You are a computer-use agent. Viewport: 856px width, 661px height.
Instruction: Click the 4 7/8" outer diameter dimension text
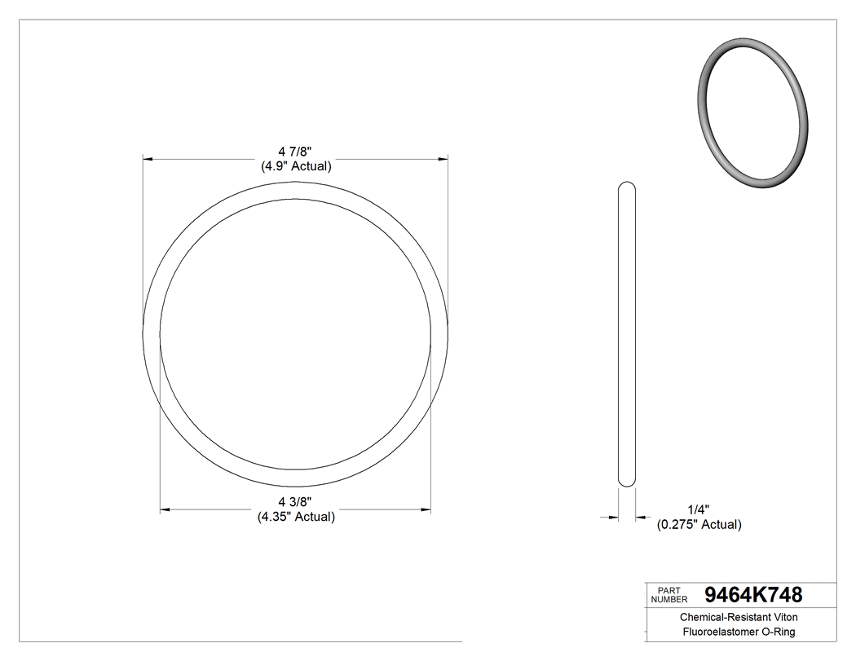(296, 152)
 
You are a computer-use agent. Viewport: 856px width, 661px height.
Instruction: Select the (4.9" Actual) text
(296, 166)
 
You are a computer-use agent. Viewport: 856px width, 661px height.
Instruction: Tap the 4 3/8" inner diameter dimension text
(295, 501)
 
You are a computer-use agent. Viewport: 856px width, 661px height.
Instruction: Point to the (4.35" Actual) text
(296, 517)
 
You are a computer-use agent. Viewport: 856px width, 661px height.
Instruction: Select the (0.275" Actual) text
(699, 525)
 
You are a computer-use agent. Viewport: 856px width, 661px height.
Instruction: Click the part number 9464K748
(752, 594)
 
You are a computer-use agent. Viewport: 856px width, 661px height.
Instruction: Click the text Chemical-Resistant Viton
(739, 618)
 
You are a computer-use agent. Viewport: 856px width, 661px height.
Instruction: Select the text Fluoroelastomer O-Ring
(739, 632)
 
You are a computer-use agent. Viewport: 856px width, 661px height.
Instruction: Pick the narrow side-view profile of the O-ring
(627, 334)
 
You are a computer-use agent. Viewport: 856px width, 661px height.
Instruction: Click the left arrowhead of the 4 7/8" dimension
(148, 158)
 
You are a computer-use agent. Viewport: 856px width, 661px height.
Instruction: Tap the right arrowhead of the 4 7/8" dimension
(444, 158)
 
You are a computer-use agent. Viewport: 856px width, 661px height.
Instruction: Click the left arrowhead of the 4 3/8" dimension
(164, 510)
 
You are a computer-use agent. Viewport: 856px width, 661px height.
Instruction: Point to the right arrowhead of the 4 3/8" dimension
(426, 510)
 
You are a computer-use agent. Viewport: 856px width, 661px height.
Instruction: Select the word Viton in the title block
(785, 618)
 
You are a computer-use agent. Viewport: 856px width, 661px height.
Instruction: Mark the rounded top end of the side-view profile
(627, 186)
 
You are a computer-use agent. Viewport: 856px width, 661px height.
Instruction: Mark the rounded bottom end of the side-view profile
(627, 483)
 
